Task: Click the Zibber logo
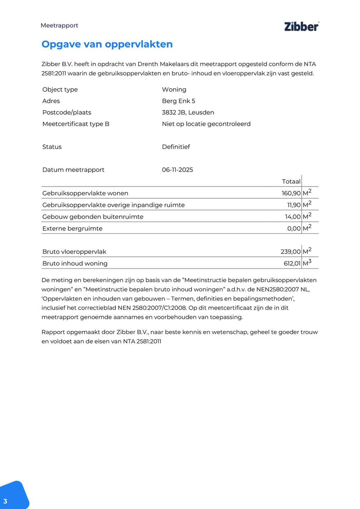tap(301, 27)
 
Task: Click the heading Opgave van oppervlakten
tap(107, 44)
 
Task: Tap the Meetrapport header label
tap(59, 25)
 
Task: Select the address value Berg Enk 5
tap(178, 101)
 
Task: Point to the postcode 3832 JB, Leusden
tap(188, 112)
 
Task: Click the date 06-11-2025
tap(177, 170)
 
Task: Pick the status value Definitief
tap(176, 147)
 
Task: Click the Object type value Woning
tap(174, 89)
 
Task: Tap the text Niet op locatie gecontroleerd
tap(206, 124)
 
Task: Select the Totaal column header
tap(291, 181)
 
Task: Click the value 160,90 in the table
tap(291, 193)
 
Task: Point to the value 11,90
tap(294, 205)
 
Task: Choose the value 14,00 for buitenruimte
tap(292, 217)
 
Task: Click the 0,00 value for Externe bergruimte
tap(294, 229)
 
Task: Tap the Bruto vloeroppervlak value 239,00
tap(290, 252)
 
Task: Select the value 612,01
tap(292, 263)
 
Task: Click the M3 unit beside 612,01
tap(307, 263)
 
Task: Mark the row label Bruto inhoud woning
tap(75, 263)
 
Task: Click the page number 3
tap(5, 501)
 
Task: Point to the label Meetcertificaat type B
tap(76, 124)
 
